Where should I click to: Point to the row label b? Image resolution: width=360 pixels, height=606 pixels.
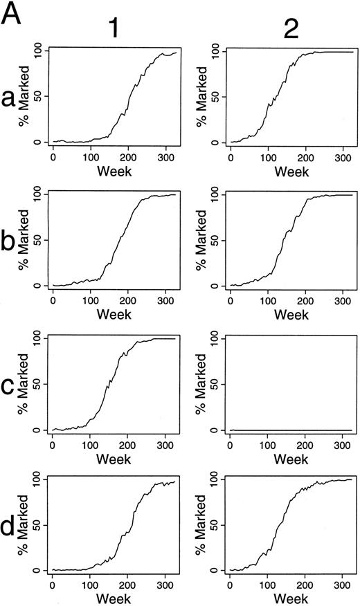(11, 246)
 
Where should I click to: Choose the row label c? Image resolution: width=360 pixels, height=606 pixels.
(10, 387)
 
